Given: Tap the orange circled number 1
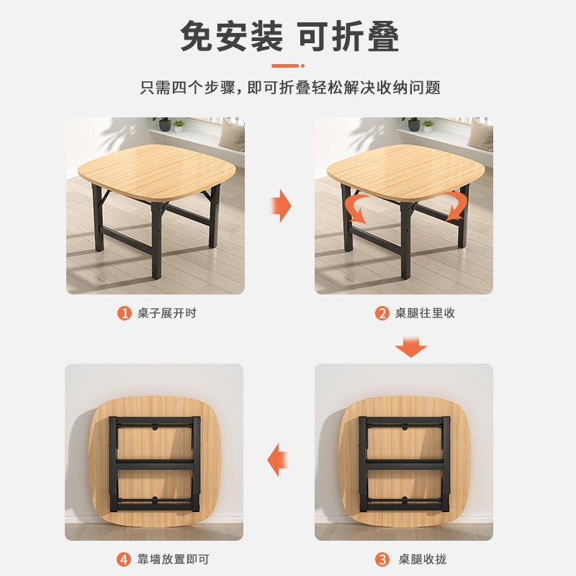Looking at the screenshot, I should (125, 313).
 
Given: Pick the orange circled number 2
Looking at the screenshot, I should (382, 313).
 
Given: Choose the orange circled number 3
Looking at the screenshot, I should (382, 559).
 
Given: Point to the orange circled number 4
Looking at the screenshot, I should (124, 559).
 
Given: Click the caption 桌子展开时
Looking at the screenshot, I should (167, 313).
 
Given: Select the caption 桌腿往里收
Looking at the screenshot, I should (424, 313).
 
